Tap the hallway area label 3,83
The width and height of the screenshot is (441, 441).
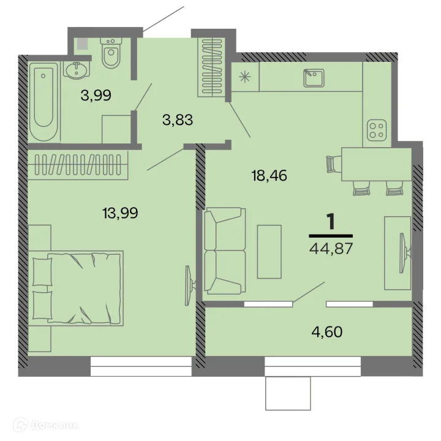click(x=178, y=120)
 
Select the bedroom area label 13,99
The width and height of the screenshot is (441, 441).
click(x=120, y=213)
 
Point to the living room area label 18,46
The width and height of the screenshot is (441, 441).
click(x=269, y=176)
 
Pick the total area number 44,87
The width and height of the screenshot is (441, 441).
click(x=331, y=249)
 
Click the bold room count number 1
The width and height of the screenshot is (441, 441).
click(x=331, y=222)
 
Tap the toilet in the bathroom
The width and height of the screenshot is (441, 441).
click(x=111, y=54)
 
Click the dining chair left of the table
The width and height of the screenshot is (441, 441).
click(x=333, y=164)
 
